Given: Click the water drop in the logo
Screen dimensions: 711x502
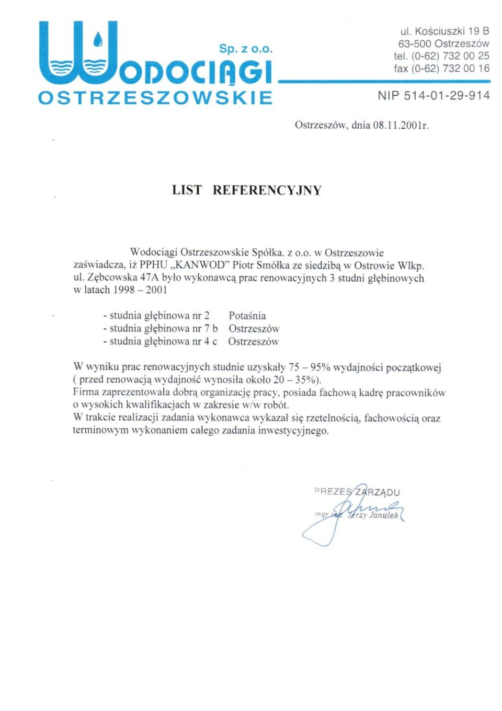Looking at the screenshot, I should (98, 39).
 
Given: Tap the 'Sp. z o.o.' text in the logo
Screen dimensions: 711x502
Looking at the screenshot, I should (246, 49).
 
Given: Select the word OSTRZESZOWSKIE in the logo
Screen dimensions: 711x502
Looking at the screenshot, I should (155, 98).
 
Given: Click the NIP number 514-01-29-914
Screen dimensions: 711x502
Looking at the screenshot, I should (446, 95).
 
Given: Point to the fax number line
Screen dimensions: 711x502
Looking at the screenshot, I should (441, 68).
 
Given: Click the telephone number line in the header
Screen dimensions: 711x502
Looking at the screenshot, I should (441, 55).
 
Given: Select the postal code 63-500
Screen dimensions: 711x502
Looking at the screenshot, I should (415, 43).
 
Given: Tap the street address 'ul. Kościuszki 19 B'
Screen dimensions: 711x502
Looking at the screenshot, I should (444, 31).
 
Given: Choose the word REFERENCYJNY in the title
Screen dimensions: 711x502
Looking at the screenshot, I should (267, 190).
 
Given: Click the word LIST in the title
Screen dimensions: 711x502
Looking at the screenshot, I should (187, 190).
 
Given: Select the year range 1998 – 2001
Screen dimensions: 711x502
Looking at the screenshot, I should (140, 290).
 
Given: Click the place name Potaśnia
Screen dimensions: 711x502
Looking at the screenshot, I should (247, 316).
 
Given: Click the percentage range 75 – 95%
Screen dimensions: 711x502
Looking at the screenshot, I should (310, 367).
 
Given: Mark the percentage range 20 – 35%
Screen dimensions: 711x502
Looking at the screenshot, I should (296, 380).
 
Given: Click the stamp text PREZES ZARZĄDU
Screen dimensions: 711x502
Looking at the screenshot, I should (357, 492).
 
